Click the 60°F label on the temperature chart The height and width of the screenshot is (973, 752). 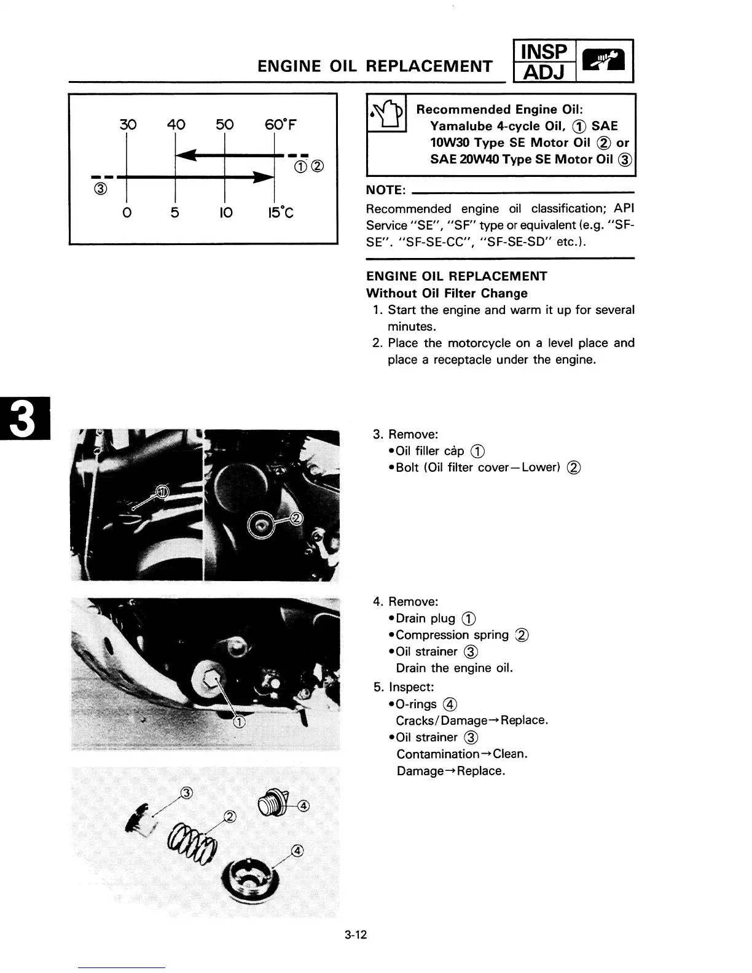click(281, 125)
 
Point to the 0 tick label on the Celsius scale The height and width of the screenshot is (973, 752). click(127, 213)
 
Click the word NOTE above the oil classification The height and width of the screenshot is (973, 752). click(385, 189)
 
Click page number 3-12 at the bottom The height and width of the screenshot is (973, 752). click(356, 936)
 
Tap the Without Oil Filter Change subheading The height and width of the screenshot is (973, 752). click(447, 293)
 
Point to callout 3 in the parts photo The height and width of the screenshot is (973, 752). click(187, 792)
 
